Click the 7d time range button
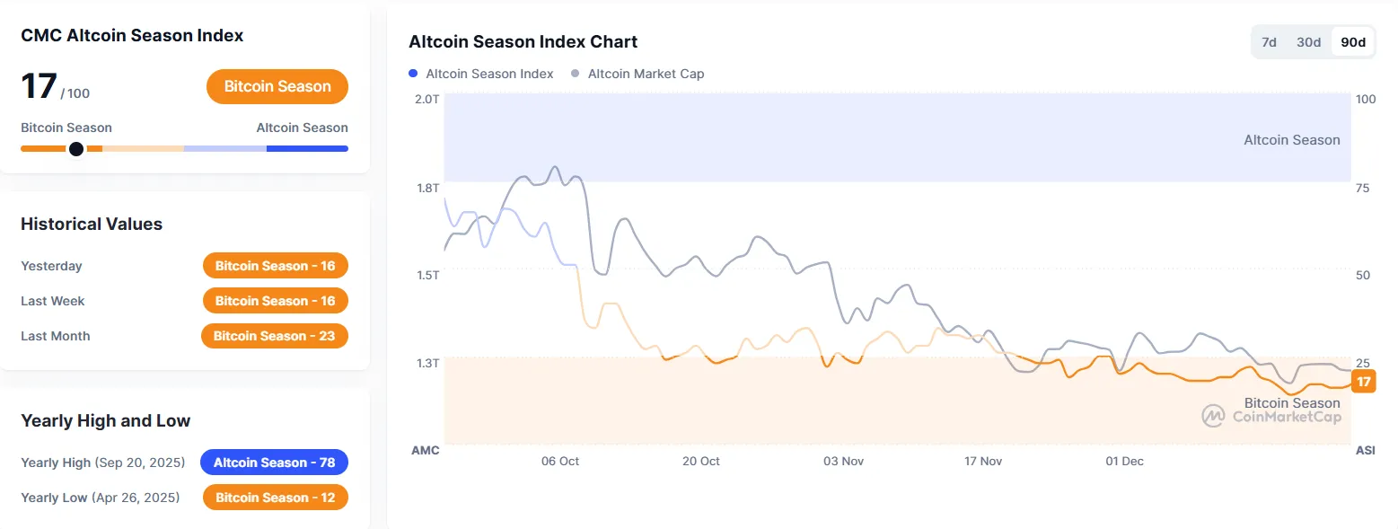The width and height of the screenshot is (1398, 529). coord(1269,42)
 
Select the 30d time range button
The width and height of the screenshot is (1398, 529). coord(1308,42)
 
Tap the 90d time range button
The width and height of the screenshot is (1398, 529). coord(1352,42)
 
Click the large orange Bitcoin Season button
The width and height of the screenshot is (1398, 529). coord(277,86)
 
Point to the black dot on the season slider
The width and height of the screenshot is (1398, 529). coord(76,148)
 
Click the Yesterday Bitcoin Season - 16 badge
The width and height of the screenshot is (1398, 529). coord(275,266)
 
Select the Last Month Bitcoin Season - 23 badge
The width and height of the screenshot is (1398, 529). coord(274,336)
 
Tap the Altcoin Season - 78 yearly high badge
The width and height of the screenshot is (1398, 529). coord(274,463)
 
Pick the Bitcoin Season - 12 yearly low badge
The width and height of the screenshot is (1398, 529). coord(275,498)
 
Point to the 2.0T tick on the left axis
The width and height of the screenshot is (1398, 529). coord(427,98)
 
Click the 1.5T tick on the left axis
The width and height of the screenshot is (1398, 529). coord(427,275)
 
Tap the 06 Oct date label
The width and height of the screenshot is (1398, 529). coord(560,461)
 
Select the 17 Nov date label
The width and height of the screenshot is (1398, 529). coord(983,461)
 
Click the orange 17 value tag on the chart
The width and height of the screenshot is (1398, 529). coord(1363,382)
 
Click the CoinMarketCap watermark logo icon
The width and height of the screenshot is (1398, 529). coord(1214,416)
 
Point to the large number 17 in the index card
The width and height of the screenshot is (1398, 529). coord(39,86)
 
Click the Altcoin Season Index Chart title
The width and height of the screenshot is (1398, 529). coord(523,42)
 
